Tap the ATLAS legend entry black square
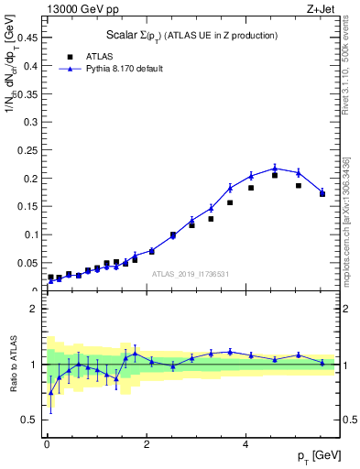[x=57, y=56]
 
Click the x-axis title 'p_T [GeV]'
[x=316, y=455]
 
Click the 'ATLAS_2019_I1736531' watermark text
[x=190, y=273]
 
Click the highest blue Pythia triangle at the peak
[x=275, y=168]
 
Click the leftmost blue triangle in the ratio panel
[x=50, y=392]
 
